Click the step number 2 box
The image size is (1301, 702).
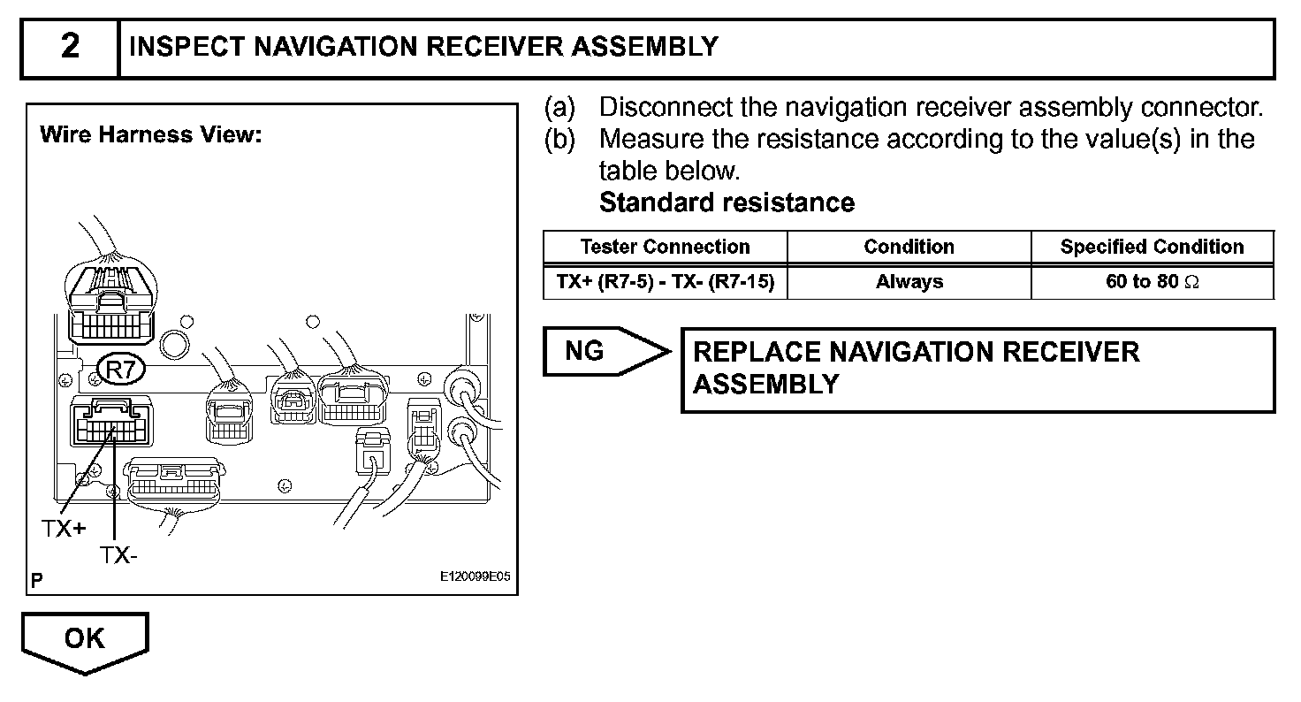pos(70,48)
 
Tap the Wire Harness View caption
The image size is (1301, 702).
pos(150,135)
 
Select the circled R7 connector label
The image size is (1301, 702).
pos(119,370)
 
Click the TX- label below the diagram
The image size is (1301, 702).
pos(118,555)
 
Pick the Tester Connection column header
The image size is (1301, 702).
pos(665,247)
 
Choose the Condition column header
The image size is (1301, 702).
pos(909,247)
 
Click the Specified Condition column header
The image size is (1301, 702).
pos(1152,247)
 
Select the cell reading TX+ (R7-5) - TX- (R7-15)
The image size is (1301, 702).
pos(665,282)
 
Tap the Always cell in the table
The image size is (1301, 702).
pos(909,282)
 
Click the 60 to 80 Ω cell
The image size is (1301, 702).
pos(1152,282)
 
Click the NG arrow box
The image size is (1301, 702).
pos(601,352)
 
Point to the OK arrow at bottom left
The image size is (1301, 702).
pos(85,640)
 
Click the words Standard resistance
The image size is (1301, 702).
pos(727,202)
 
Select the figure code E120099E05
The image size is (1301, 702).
pos(475,577)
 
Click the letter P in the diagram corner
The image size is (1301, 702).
pos(36,581)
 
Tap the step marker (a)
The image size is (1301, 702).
pos(559,108)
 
